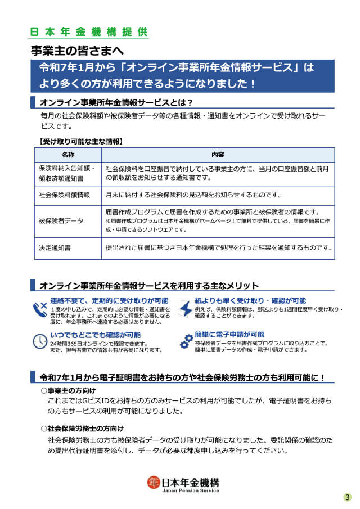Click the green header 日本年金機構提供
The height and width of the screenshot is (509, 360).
pyautogui.click(x=89, y=31)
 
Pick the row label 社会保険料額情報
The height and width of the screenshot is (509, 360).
pyautogui.click(x=65, y=195)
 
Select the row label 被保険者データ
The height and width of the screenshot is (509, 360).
pyautogui.click(x=61, y=221)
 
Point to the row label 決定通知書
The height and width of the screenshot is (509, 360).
pyautogui.click(x=55, y=247)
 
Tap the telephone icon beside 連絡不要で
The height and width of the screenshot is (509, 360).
pyautogui.click(x=40, y=309)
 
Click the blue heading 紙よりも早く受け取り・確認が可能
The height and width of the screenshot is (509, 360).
pyautogui.click(x=250, y=301)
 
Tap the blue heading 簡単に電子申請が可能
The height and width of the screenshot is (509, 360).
pyautogui.click(x=229, y=334)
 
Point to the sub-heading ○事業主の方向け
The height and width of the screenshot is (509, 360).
pyautogui.click(x=68, y=390)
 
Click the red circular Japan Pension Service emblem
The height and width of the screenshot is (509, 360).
pyautogui.click(x=154, y=483)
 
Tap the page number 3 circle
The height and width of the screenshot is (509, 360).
pyautogui.click(x=348, y=497)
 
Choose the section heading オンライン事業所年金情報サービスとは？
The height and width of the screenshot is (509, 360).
pyautogui.click(x=116, y=102)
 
